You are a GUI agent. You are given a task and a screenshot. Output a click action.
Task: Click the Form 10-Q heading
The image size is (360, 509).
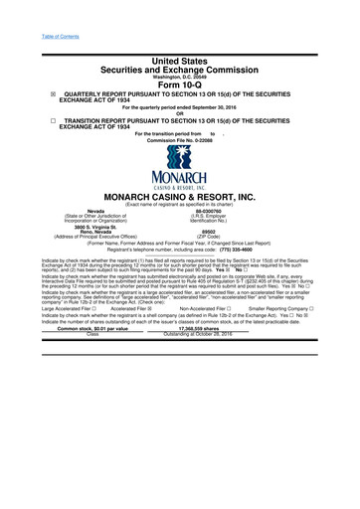point(180,83)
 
